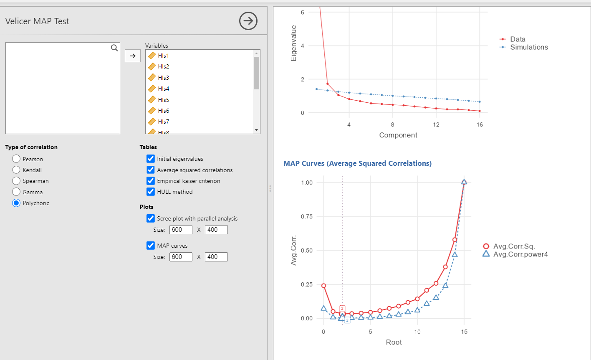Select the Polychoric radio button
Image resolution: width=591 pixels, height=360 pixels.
16,203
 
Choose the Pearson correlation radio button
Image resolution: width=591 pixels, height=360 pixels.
16,159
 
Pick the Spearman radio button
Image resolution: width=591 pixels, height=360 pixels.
16,181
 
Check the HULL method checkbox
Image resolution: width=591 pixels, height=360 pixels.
151,192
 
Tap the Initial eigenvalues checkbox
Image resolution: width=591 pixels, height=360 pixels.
151,159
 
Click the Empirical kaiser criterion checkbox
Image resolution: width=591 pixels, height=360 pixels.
151,181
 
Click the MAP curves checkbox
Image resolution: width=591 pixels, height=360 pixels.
151,246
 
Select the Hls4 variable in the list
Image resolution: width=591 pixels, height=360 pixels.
164,89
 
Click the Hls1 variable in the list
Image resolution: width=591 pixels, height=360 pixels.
164,56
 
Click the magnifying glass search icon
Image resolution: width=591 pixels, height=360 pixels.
114,48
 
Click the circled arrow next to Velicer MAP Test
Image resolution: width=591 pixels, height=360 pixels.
248,21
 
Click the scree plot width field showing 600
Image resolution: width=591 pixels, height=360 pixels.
181,230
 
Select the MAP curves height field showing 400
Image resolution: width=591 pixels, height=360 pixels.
216,257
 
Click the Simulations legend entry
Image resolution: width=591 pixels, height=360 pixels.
529,47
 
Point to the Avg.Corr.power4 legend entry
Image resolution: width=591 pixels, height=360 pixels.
520,254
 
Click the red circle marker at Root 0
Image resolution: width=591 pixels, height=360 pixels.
323,286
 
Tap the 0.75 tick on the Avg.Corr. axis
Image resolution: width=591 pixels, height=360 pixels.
306,216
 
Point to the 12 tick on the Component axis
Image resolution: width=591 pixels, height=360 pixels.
436,124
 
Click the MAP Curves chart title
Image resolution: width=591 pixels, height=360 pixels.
357,163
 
